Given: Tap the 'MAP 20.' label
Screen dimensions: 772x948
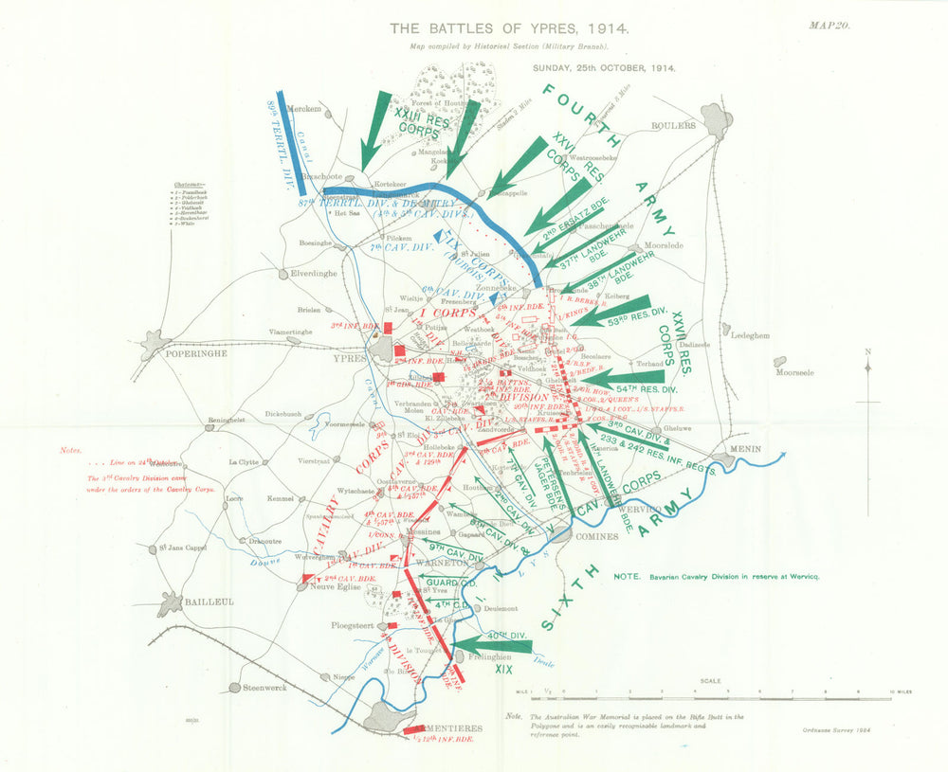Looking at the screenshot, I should tap(829, 26).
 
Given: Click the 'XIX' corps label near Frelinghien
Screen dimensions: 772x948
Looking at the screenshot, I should tap(502, 669).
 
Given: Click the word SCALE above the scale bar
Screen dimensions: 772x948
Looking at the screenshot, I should tap(710, 680).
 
